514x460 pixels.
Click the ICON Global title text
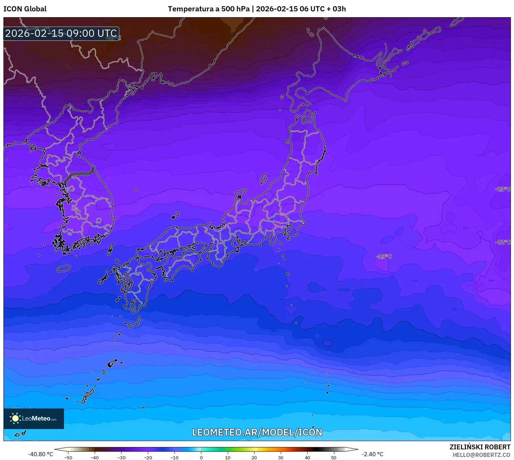[25, 9]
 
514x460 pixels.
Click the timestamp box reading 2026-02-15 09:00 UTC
[61, 34]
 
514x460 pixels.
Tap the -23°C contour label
[503, 189]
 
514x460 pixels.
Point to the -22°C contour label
[503, 242]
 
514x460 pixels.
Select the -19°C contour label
[384, 256]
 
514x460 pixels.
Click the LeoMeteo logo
[34, 418]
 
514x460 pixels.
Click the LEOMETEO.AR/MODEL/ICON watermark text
[257, 432]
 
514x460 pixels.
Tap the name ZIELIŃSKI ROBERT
[480, 447]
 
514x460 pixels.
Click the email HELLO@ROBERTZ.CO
[481, 455]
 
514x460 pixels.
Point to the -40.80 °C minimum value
[40, 454]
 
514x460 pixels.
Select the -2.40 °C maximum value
[372, 454]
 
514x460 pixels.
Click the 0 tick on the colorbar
[201, 458]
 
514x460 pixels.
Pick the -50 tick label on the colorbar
[68, 458]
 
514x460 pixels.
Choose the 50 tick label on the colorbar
[334, 458]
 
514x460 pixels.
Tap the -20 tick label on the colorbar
[148, 458]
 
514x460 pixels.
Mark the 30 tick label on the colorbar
[281, 458]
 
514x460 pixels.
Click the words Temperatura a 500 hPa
[208, 9]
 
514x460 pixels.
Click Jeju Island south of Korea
[63, 268]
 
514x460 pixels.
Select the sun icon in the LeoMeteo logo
[15, 418]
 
